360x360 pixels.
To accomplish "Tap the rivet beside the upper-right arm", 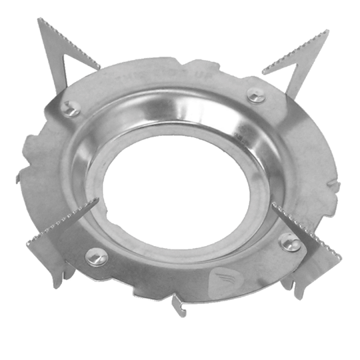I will [x=256, y=95].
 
